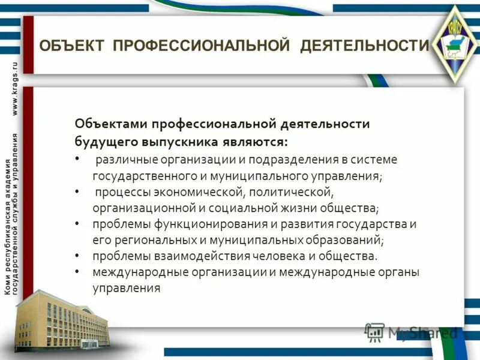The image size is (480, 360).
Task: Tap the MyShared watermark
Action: point(413,332)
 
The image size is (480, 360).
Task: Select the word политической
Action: point(290,193)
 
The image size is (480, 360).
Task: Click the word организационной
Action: point(138,209)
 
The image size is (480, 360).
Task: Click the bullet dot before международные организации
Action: point(78,272)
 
